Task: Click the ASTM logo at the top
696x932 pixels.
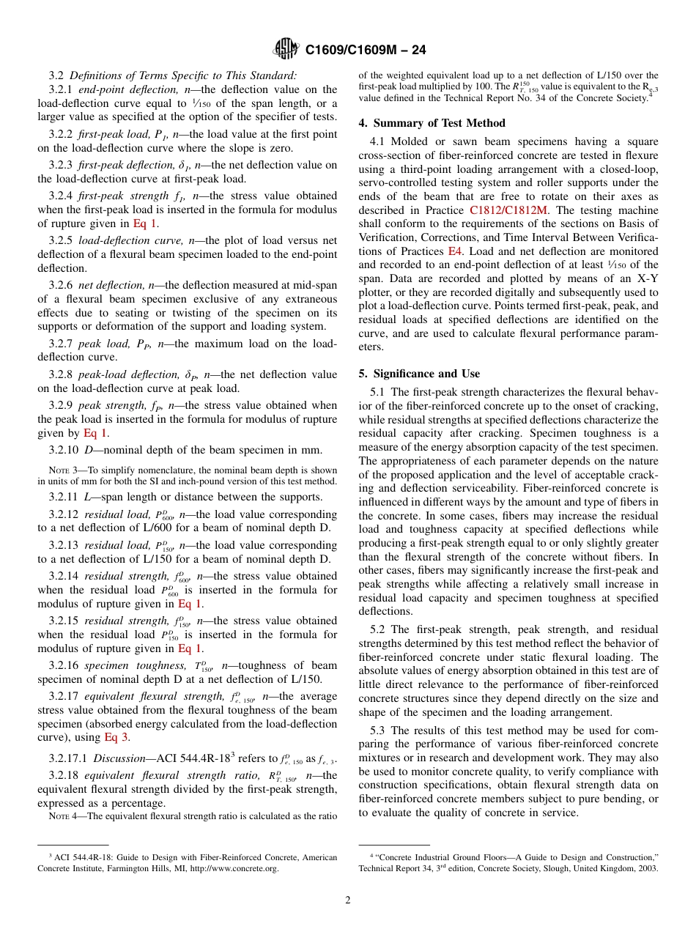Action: [286, 49]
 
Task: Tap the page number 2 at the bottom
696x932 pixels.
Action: [348, 900]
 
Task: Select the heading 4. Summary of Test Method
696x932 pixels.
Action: [432, 123]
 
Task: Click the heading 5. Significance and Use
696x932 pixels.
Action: [419, 374]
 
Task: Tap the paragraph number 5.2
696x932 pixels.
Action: [378, 629]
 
